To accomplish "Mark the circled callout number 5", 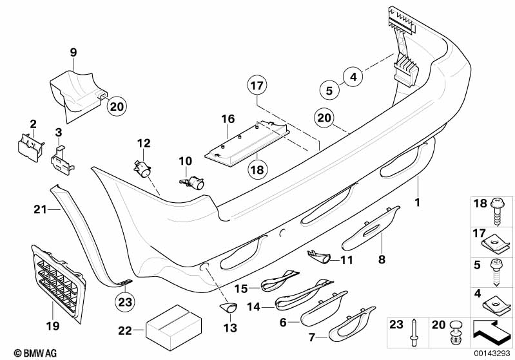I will tap(328, 91).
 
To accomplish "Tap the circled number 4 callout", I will tap(352, 77).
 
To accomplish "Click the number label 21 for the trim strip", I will tap(41, 208).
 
